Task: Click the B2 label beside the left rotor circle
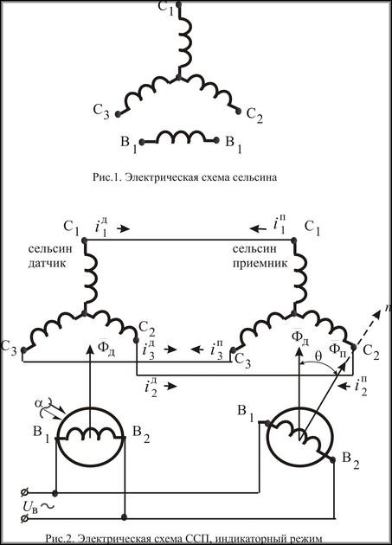pos(142,433)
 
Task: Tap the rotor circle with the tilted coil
pos(299,435)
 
